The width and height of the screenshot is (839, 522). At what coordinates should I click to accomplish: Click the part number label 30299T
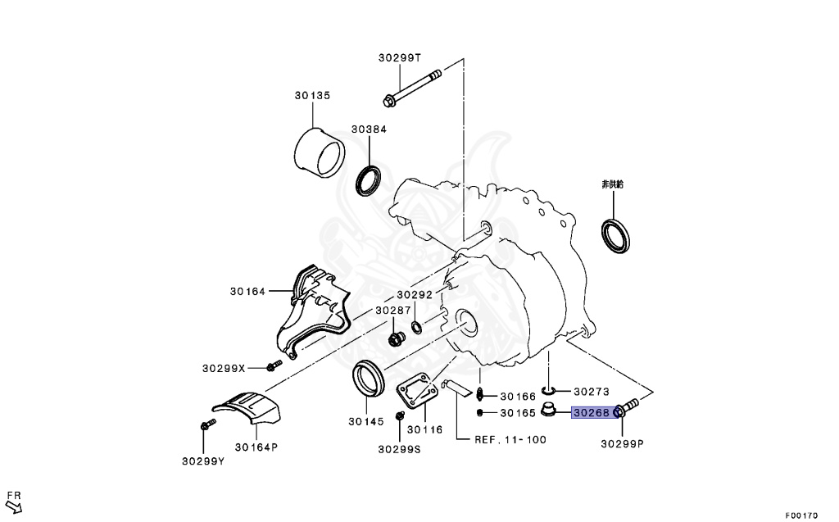(400, 57)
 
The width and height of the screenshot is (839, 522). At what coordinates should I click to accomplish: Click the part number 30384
(369, 129)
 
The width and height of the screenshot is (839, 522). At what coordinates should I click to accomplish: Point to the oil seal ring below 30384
(369, 180)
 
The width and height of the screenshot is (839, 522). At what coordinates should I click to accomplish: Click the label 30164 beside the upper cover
(249, 291)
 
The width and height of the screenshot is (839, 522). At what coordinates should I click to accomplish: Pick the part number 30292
(415, 294)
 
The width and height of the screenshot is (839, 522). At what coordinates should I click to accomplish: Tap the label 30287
(393, 311)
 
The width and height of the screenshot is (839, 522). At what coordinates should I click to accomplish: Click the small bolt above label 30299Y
(206, 425)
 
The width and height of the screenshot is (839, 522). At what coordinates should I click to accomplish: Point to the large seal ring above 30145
(367, 378)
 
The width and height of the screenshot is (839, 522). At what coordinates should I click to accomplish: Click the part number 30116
(424, 429)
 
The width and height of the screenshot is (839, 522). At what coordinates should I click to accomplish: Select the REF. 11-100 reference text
(510, 439)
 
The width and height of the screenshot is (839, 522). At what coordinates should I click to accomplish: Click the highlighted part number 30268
(591, 413)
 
